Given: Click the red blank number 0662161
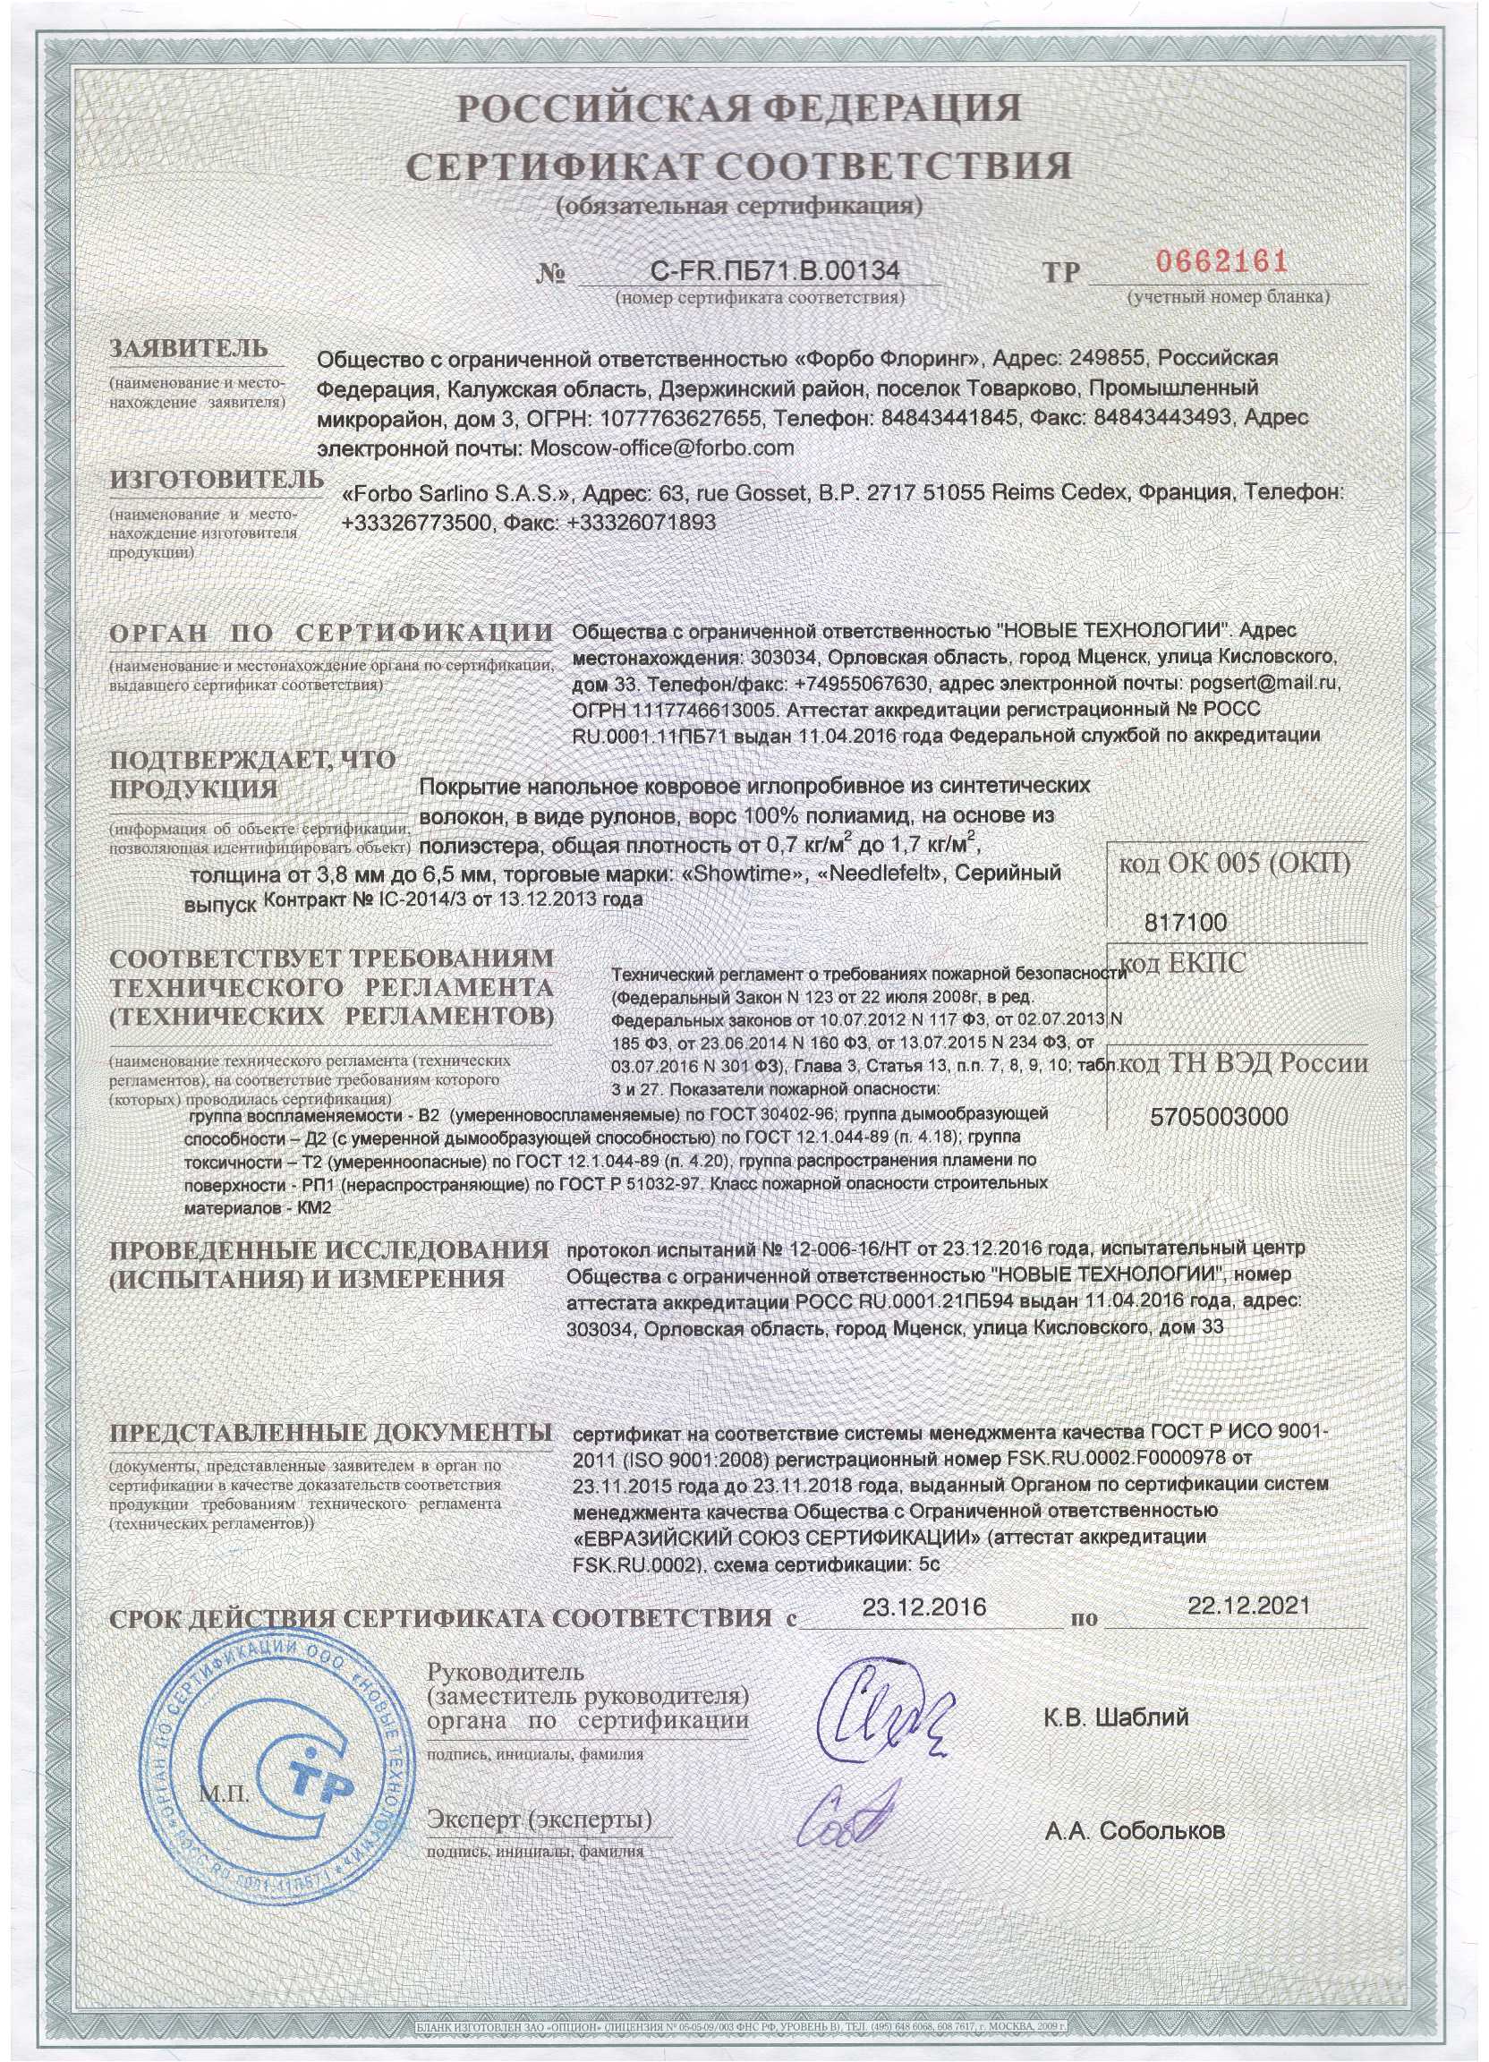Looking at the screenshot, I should pyautogui.click(x=1221, y=264).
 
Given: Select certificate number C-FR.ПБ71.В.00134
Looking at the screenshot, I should pyautogui.click(x=776, y=269).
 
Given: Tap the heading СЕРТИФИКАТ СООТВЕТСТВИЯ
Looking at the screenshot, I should pyautogui.click(x=738, y=166).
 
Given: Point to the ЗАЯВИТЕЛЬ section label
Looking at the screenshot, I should pyautogui.click(x=189, y=348).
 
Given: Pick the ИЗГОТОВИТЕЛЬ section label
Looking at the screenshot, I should pyautogui.click(x=216, y=479).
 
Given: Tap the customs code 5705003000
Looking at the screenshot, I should pyautogui.click(x=1219, y=1116).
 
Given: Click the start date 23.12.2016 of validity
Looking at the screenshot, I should pyautogui.click(x=923, y=1606).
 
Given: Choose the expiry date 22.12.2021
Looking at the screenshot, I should pyautogui.click(x=1248, y=1605).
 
